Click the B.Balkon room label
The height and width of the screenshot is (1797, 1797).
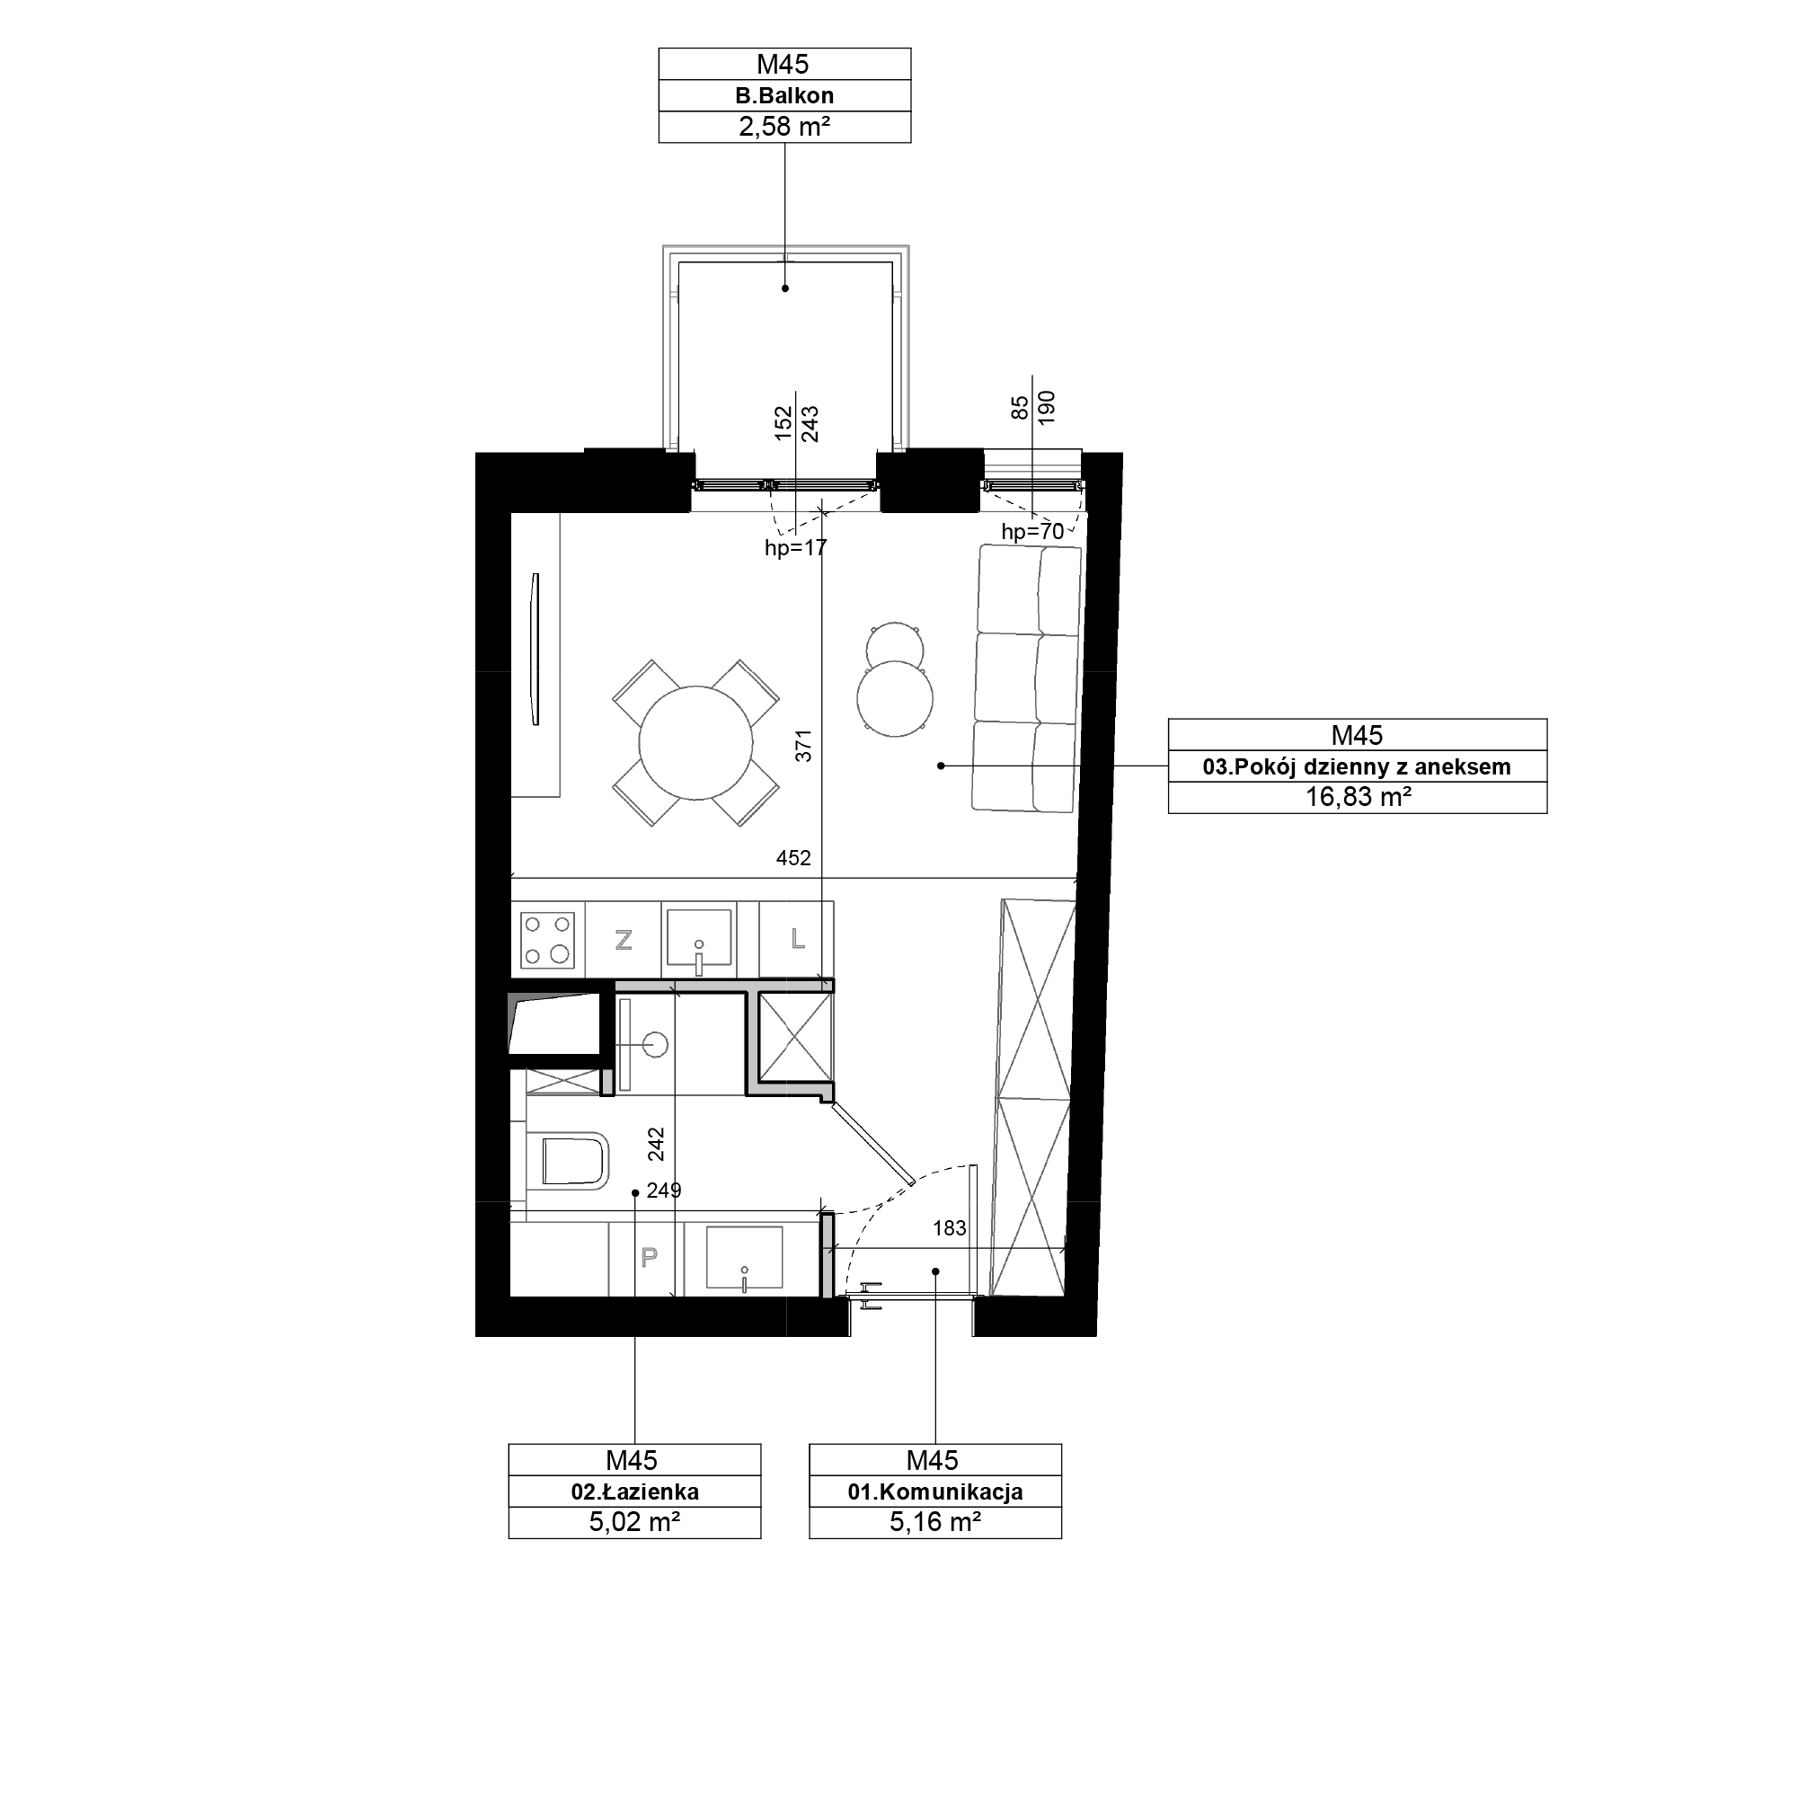point(784,96)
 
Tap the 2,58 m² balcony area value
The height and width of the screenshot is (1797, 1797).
point(784,128)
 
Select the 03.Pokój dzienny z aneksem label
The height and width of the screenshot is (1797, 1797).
point(1356,766)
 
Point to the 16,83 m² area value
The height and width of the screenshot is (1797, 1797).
point(1358,797)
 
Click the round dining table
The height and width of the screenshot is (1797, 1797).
point(695,742)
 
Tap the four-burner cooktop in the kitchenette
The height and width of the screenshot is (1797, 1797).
point(548,940)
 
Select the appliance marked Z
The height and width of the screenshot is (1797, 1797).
point(624,940)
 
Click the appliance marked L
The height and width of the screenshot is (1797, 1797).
point(796,940)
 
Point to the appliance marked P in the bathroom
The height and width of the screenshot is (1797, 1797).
point(650,1258)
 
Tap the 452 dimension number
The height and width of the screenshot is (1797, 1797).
point(793,857)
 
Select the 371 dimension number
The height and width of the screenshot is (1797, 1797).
point(804,746)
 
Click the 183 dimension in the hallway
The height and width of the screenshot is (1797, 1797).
point(949,1227)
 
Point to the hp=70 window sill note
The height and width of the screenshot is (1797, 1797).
point(1032,532)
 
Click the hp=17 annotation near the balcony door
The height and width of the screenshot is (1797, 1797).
point(795,548)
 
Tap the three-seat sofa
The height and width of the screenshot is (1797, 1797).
point(1027,678)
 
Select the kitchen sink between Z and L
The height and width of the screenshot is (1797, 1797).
point(698,940)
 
